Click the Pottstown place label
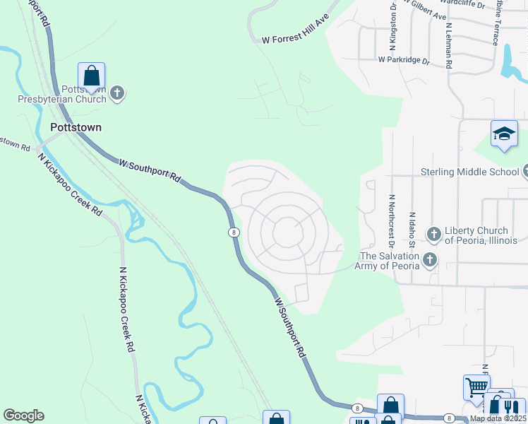(x=76, y=128)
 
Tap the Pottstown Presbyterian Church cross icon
(x=117, y=93)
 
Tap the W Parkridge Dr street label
(x=404, y=61)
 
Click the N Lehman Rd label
(x=449, y=47)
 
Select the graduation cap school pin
(x=504, y=134)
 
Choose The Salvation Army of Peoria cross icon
(x=428, y=261)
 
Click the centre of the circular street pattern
(x=287, y=232)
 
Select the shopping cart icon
(x=476, y=387)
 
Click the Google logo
(x=23, y=416)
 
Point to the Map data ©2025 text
(x=497, y=418)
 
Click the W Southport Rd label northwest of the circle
(x=150, y=170)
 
